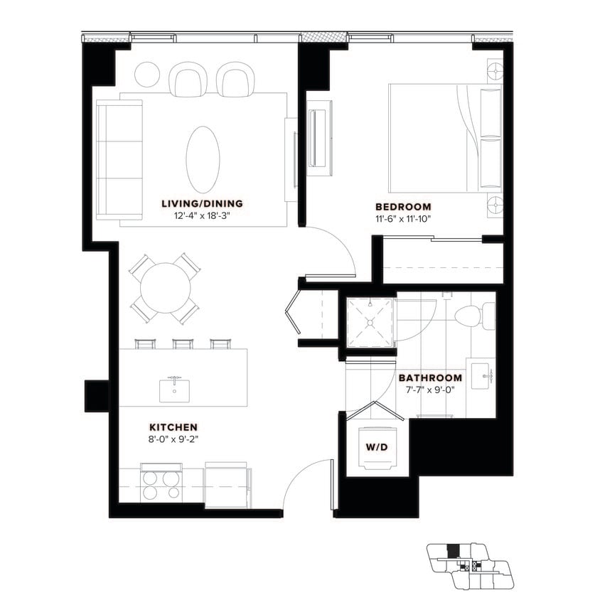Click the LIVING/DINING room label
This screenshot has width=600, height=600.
tap(202, 203)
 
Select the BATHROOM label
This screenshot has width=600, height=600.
tap(429, 377)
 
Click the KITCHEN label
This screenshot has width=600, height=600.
tap(173, 427)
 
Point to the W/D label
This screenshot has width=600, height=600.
tap(377, 446)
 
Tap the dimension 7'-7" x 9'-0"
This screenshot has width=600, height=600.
tap(429, 390)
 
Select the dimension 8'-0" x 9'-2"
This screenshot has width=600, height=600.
tap(173, 439)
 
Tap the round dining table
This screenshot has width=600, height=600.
tap(166, 288)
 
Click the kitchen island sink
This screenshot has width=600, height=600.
tap(174, 390)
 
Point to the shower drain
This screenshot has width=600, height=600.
tap(370, 321)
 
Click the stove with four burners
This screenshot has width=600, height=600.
tap(161, 485)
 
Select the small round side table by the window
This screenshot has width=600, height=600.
tap(148, 74)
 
